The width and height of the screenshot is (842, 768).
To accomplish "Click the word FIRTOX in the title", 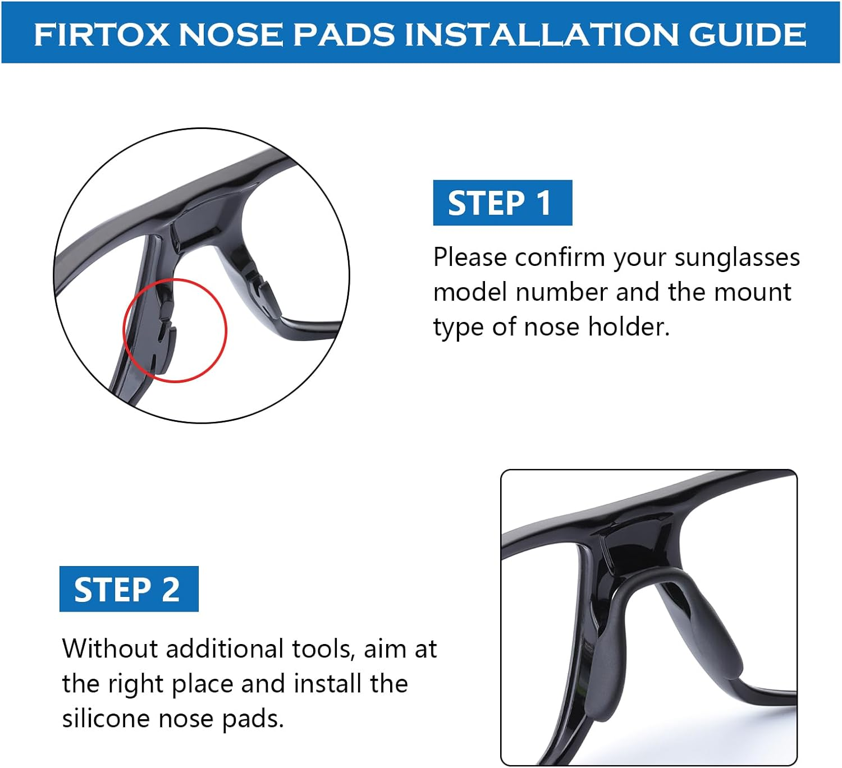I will coord(101,35).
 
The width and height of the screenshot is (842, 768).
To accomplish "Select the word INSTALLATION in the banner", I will coord(543,35).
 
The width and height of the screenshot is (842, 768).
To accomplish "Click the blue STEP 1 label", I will coord(502,203).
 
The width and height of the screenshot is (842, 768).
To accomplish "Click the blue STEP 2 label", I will coord(129,589).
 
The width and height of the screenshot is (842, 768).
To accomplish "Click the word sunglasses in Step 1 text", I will coord(736,258).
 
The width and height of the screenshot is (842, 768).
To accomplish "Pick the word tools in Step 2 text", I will coord(323,649).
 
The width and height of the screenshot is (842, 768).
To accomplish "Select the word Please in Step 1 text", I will coord(470,258).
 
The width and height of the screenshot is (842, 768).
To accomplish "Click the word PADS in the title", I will coord(344,35).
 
